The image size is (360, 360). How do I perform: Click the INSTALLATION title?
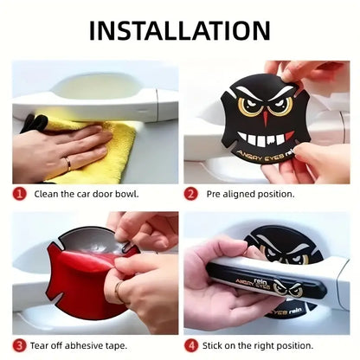pos(180,30)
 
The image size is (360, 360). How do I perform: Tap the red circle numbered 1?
pos(19,196)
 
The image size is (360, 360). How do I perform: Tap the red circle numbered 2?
pos(192,196)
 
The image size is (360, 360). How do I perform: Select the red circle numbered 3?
pos(19,344)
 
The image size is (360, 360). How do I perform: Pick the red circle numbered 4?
pos(192,344)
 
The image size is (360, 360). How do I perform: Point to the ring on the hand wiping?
pos(67,162)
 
